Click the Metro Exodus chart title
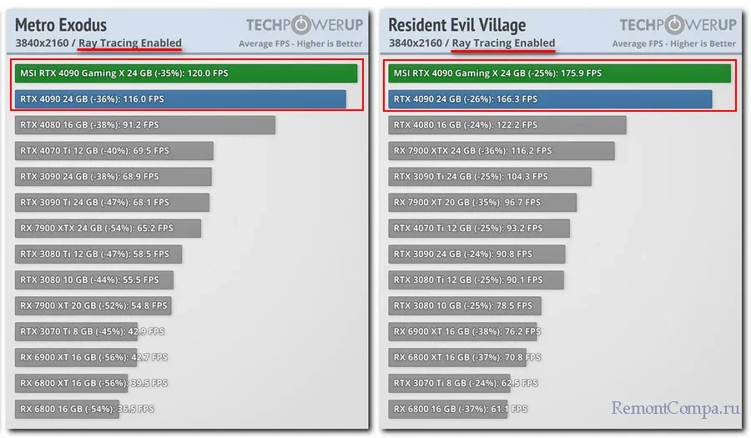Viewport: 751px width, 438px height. (61, 24)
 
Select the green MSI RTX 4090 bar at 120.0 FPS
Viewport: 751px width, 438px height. (186, 73)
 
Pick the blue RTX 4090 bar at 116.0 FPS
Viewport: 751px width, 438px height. (180, 99)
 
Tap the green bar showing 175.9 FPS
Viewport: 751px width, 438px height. (559, 73)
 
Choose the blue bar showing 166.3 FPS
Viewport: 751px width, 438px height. (550, 99)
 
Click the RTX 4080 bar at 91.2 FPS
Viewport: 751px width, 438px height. (145, 125)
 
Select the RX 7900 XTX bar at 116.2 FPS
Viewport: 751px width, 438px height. (502, 151)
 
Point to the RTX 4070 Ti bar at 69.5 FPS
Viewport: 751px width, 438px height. (114, 151)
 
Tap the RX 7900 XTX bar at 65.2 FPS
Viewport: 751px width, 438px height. (108, 228)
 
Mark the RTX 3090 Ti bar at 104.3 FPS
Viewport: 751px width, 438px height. (490, 177)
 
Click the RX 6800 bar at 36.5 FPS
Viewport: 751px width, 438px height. (85, 409)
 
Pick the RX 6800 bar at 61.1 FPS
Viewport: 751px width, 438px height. (456, 409)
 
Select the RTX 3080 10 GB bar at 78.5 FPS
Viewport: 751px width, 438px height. (465, 305)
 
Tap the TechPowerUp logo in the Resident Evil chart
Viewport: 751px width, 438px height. (678, 24)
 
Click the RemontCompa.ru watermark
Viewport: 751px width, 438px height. (676, 409)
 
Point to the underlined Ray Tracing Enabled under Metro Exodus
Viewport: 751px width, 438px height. (129, 43)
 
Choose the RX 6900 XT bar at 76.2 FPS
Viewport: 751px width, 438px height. (463, 331)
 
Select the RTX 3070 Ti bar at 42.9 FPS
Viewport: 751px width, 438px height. (93, 331)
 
